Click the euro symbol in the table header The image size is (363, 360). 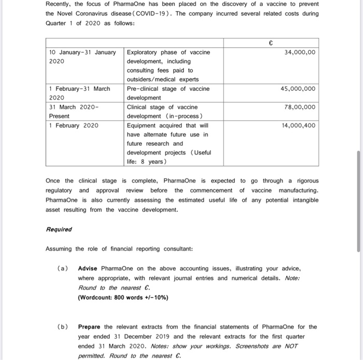pyautogui.click(x=270, y=43)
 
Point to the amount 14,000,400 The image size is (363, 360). pyautogui.click(x=298, y=126)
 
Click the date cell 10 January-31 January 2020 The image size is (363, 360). pyautogui.click(x=82, y=57)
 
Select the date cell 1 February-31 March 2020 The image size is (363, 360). pyautogui.click(x=79, y=93)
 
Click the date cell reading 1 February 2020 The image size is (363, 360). pyautogui.click(x=73, y=126)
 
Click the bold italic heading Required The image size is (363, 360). pyautogui.click(x=59, y=229)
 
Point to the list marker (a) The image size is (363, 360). pyautogui.click(x=62, y=268)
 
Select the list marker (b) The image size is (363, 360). pyautogui.click(x=62, y=327)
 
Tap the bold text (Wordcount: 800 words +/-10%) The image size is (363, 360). pyautogui.click(x=123, y=297)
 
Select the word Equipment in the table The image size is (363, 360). pyautogui.click(x=143, y=126)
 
